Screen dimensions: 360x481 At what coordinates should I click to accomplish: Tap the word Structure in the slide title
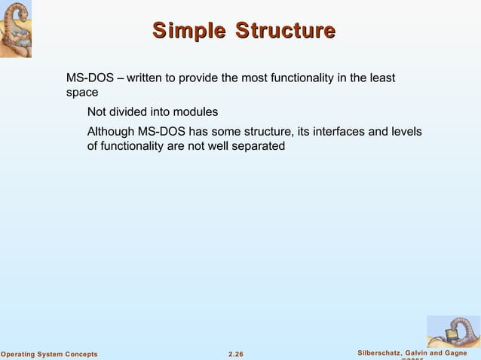coord(285,31)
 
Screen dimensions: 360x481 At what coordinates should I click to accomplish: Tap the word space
coord(82,93)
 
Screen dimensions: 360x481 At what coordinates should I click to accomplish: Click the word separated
coord(259,146)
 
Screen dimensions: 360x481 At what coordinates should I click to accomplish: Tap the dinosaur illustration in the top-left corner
coord(18,29)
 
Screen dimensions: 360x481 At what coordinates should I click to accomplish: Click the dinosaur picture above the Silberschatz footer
coord(453,331)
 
